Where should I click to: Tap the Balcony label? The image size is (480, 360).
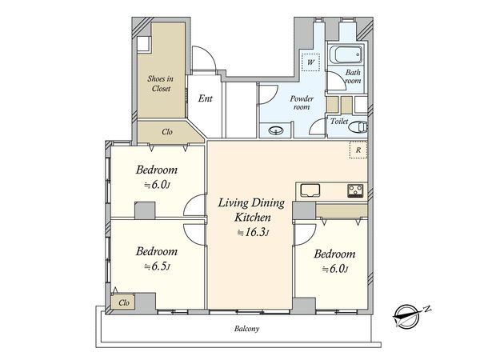point(246,329)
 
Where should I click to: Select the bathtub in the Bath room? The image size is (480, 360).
point(346,54)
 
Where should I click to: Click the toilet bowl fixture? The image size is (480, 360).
point(358,127)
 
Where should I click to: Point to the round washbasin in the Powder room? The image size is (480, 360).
point(276,130)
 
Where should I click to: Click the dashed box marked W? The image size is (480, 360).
point(310,62)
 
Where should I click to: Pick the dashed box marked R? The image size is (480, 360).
point(358,150)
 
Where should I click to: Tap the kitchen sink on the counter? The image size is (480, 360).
point(310,190)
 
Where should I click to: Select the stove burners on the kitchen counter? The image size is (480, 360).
point(355,190)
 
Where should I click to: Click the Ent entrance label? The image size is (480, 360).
point(205,98)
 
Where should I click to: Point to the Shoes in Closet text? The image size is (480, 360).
point(161,83)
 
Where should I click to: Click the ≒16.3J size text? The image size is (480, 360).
point(253,232)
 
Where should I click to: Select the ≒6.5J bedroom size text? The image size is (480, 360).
point(157,266)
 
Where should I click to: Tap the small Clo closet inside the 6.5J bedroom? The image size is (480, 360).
point(123,302)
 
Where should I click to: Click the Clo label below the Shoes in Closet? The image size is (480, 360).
point(167,132)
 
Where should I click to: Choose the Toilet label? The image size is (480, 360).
point(339,122)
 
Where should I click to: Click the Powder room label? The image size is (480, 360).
point(302,103)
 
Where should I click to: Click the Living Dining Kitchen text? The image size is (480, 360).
point(251,210)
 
